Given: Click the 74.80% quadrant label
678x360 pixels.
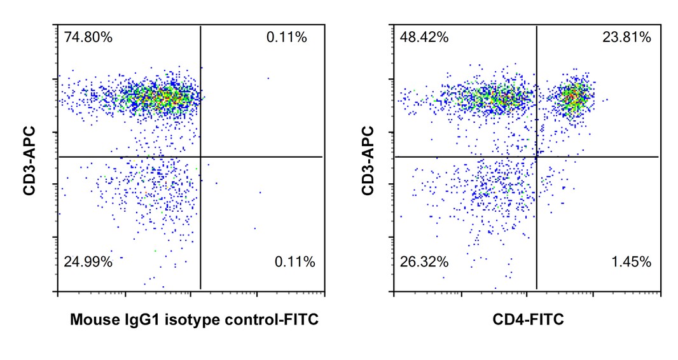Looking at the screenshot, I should pyautogui.click(x=88, y=38).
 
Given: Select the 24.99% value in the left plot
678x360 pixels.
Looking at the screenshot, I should pyautogui.click(x=88, y=261).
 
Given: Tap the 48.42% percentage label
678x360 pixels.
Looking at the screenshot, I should pyautogui.click(x=424, y=38).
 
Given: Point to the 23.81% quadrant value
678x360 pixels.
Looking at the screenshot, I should pyautogui.click(x=626, y=38).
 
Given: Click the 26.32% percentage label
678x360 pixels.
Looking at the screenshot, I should pyautogui.click(x=424, y=261).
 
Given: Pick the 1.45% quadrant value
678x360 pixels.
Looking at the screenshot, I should pyautogui.click(x=631, y=261).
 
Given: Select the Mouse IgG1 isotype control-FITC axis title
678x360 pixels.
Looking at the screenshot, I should pyautogui.click(x=194, y=320).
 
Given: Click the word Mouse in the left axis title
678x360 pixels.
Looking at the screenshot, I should pyautogui.click(x=91, y=320).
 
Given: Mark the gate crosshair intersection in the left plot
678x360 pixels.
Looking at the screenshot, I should pyautogui.click(x=200, y=156).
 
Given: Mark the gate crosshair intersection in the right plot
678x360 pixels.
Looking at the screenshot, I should pyautogui.click(x=537, y=156).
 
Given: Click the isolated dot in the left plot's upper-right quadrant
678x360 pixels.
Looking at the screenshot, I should pyautogui.click(x=268, y=78).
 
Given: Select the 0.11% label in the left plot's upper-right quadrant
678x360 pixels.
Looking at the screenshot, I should pyautogui.click(x=286, y=38).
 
